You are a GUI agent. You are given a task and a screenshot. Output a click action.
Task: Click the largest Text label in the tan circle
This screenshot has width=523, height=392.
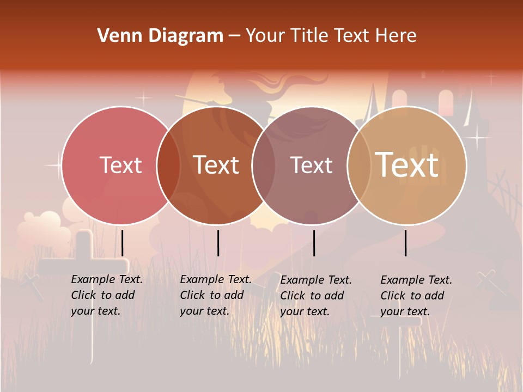pos(407,164)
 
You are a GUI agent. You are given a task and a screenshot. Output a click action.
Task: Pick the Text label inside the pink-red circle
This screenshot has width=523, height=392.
pos(120,165)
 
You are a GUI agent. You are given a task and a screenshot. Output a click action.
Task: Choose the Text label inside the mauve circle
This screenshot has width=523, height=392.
pos(311,165)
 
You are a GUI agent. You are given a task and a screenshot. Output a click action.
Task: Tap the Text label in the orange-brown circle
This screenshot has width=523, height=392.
pos(216,165)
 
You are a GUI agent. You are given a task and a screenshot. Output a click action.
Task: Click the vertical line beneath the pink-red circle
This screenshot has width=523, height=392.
pos(122,243)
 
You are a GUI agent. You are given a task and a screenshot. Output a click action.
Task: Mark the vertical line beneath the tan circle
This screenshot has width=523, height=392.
pos(406,243)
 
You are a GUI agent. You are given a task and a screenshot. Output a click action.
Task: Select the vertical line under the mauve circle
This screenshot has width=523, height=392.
pos(314,243)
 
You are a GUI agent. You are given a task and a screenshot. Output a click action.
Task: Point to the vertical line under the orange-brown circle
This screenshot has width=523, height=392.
pos(218,243)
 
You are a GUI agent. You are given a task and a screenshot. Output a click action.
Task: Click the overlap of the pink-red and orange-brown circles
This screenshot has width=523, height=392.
pos(168,166)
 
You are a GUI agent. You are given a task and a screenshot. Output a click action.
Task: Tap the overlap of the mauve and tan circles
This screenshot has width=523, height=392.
pos(358,166)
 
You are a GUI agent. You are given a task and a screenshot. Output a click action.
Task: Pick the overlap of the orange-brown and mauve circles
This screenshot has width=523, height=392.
pos(264,166)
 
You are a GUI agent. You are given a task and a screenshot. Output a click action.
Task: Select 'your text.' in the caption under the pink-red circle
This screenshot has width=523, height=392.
pos(95,311)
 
